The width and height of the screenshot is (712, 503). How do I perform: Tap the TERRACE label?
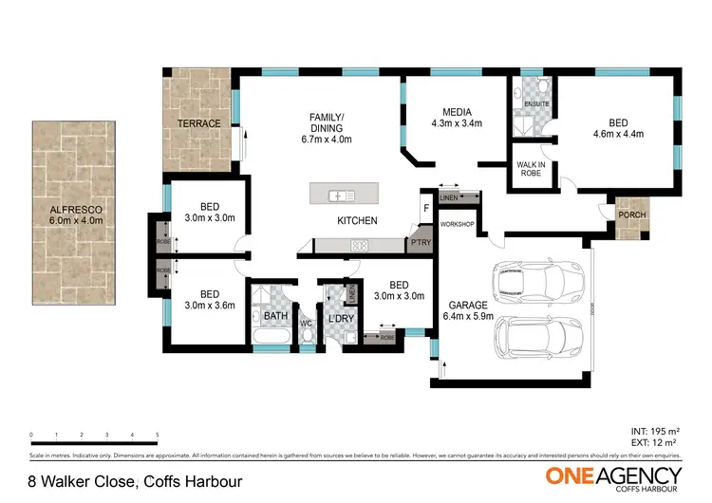point(200,123)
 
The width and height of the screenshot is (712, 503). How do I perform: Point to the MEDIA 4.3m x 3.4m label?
point(458,117)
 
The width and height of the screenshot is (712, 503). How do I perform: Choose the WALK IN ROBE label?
point(530,170)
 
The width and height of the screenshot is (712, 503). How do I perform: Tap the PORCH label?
point(631,215)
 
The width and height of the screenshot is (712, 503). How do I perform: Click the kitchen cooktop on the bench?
point(359,246)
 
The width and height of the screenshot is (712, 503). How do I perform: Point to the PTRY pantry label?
point(420,243)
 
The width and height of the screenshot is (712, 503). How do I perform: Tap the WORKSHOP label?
point(457,224)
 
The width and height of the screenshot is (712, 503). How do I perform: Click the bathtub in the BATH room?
point(270,337)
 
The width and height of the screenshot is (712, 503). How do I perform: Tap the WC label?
point(306,324)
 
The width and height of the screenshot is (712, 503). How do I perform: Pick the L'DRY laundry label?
point(340,319)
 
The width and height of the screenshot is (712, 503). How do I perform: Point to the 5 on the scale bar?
point(157,435)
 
